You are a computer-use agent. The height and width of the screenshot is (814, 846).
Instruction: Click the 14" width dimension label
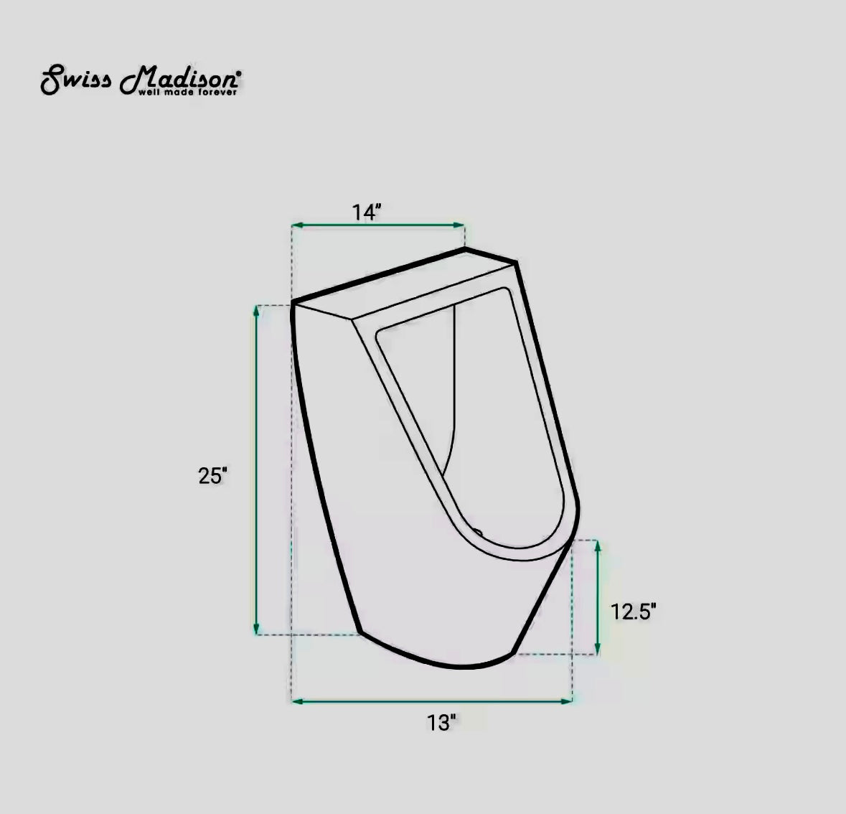(x=366, y=212)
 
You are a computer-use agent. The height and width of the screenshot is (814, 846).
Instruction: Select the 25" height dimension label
(x=213, y=475)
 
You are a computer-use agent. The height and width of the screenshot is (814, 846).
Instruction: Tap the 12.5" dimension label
(x=634, y=612)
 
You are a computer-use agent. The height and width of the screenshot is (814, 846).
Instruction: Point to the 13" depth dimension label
(x=441, y=722)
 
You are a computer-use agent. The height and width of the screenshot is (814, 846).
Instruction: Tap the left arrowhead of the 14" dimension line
(x=296, y=225)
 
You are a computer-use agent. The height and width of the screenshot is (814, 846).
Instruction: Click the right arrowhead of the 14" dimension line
(x=461, y=225)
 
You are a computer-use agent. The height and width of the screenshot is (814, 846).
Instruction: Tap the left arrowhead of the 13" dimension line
(x=296, y=700)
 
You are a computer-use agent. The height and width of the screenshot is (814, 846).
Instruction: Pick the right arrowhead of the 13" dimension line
(x=568, y=700)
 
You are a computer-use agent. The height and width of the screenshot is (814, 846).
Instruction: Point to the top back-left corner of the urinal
(x=293, y=302)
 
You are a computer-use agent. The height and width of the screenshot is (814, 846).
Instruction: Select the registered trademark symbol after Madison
(x=239, y=72)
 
